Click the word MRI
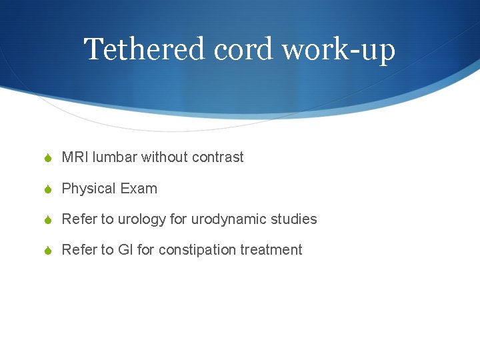[75, 157]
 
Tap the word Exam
[139, 189]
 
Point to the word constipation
[197, 250]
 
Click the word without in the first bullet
[165, 157]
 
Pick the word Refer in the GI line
[78, 250]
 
